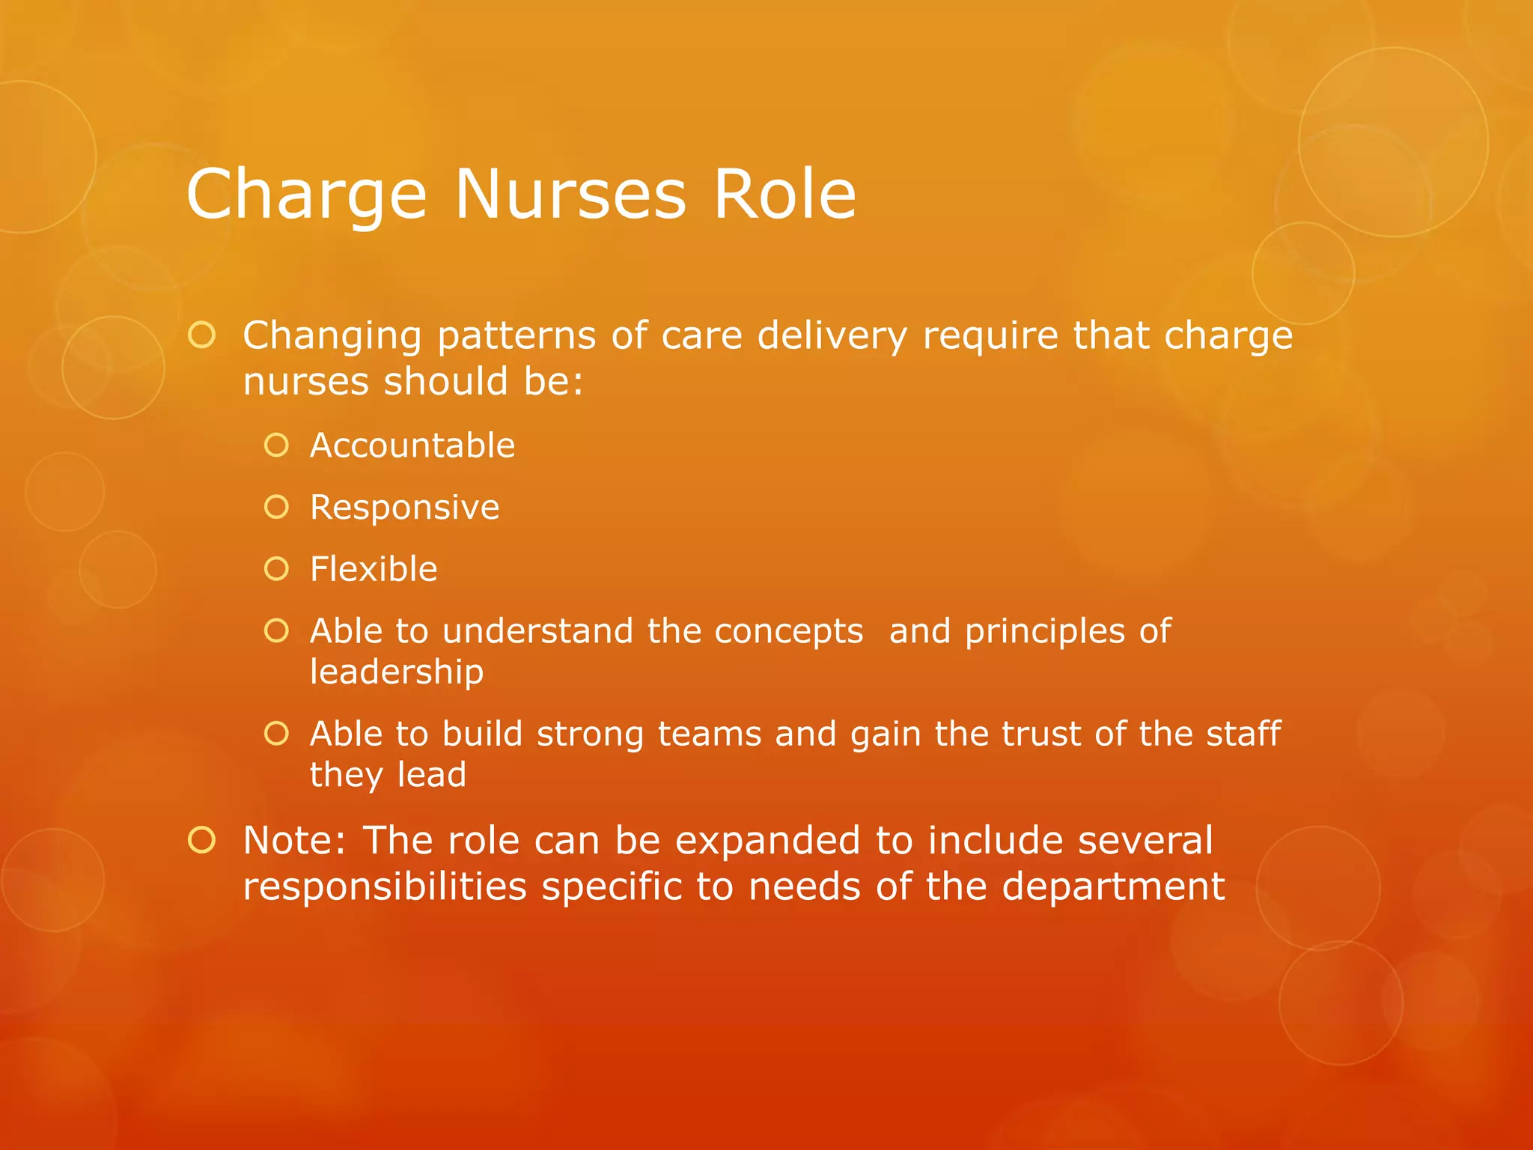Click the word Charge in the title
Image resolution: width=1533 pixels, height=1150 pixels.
(306, 195)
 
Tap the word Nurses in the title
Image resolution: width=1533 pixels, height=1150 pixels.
(570, 194)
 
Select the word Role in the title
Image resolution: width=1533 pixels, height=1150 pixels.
(784, 194)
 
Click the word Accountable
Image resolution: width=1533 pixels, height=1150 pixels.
(412, 445)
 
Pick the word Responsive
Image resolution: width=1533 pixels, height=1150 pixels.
(404, 508)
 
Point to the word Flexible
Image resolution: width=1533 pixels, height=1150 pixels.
(374, 569)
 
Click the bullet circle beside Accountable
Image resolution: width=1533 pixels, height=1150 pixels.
(276, 445)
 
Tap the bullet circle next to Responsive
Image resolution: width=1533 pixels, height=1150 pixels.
(276, 508)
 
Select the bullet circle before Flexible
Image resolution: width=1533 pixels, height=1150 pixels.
(276, 569)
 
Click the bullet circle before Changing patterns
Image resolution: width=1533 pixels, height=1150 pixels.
(201, 335)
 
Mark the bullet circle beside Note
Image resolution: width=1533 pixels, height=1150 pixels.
(201, 840)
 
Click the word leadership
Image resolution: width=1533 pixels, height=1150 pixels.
(397, 672)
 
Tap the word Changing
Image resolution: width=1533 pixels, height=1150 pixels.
(332, 337)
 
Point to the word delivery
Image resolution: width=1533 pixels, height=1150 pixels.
(832, 335)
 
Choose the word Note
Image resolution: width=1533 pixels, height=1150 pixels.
(294, 840)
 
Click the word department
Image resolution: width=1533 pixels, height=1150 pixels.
(1113, 887)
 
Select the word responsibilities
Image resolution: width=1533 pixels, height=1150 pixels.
(385, 887)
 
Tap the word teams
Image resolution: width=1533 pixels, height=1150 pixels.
(710, 734)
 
